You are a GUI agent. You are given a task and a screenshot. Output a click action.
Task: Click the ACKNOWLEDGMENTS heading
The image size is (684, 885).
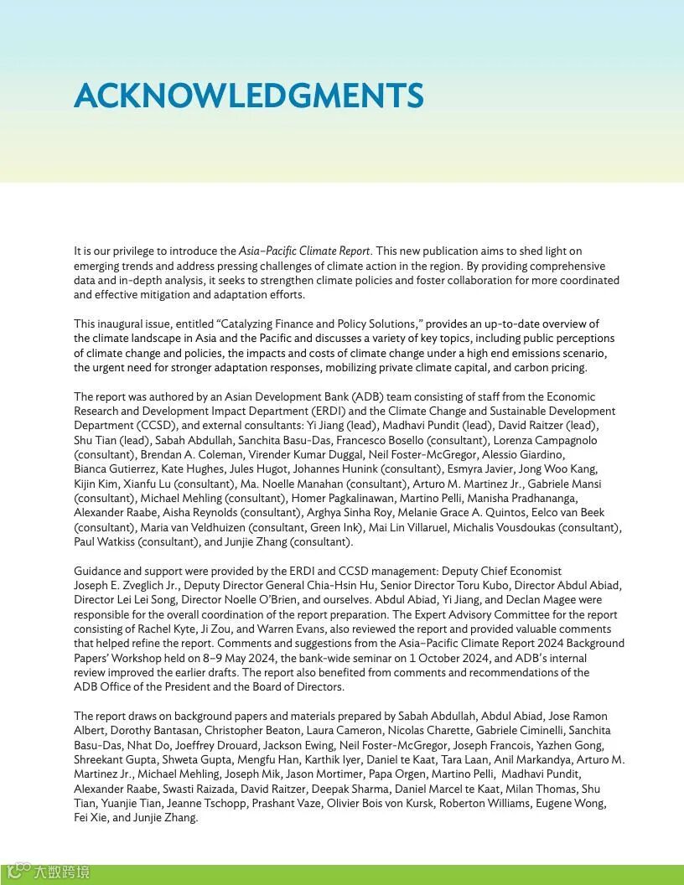tap(248, 96)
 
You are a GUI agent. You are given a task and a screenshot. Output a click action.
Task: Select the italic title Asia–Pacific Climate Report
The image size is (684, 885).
tap(304, 251)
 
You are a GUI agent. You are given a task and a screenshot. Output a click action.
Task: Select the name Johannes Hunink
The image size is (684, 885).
tap(291, 469)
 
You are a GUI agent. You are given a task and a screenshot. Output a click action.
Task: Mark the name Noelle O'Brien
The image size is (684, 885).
tap(281, 600)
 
